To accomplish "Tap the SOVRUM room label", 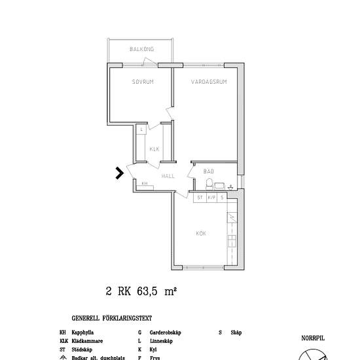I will point(142,82).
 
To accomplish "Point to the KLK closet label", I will point(154,149).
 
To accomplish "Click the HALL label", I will point(150,176).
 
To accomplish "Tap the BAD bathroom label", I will point(209,171).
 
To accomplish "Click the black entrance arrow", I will point(119,173).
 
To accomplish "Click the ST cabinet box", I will point(200,197).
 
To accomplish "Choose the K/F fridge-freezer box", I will point(211,197).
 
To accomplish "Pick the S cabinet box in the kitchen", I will point(222,197).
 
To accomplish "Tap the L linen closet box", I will point(141,129).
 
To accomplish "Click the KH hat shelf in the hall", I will point(145,184).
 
